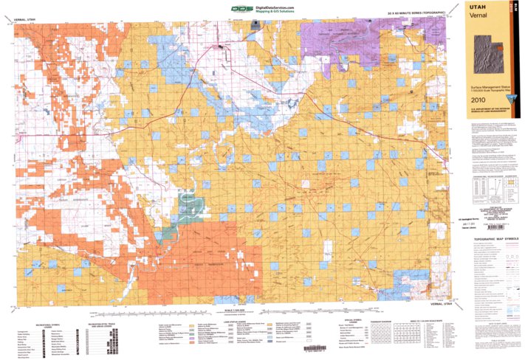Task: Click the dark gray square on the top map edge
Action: [x=256, y=24]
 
